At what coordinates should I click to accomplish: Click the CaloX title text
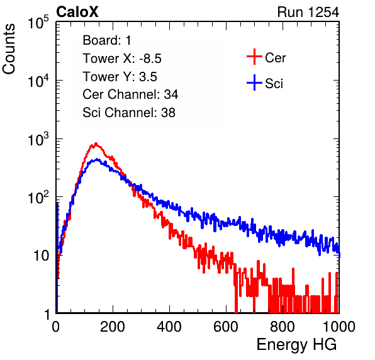point(77,12)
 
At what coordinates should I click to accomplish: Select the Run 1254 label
point(308,12)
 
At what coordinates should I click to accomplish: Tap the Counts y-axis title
point(9,49)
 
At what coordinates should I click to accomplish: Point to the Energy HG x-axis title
point(296,345)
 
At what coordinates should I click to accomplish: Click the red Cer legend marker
point(254,57)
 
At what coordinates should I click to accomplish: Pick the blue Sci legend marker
point(254,82)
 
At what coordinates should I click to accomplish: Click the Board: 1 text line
point(107,40)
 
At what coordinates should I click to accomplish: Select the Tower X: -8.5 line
point(122,59)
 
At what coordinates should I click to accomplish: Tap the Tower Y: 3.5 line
point(120,77)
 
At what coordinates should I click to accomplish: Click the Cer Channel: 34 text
point(130,94)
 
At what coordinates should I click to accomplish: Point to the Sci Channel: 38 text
point(129,113)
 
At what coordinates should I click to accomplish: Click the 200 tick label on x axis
point(113,327)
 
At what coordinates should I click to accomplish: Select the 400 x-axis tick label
point(169,327)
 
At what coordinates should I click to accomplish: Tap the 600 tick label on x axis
point(226,327)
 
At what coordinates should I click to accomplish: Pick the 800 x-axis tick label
point(283,327)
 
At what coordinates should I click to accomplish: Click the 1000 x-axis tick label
point(339,327)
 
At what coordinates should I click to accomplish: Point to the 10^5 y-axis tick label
point(38,23)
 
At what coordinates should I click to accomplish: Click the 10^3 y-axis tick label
point(38,139)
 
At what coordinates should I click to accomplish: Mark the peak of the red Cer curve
point(96,143)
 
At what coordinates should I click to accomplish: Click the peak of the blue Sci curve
point(97,159)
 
